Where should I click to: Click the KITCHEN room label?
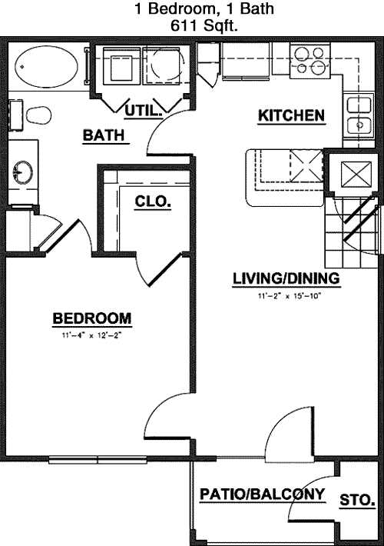pyautogui.click(x=291, y=115)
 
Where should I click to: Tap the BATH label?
pyautogui.click(x=104, y=135)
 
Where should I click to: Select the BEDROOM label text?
pyautogui.click(x=92, y=318)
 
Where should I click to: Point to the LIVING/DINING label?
pyautogui.click(x=286, y=278)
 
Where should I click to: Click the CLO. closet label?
pyautogui.click(x=153, y=201)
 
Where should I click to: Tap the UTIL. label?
pyautogui.click(x=144, y=111)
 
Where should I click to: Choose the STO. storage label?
pyautogui.click(x=357, y=500)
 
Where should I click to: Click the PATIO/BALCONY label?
pyautogui.click(x=263, y=494)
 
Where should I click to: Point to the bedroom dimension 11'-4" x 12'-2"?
pyautogui.click(x=92, y=336)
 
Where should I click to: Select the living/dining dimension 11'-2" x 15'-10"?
pyautogui.click(x=289, y=296)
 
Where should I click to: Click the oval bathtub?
pyautogui.click(x=46, y=66)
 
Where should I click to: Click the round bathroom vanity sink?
pyautogui.click(x=23, y=172)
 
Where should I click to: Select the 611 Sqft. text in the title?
pyautogui.click(x=204, y=26)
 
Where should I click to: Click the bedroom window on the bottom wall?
pyautogui.click(x=98, y=460)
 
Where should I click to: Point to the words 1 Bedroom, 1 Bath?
pyautogui.click(x=204, y=8)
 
